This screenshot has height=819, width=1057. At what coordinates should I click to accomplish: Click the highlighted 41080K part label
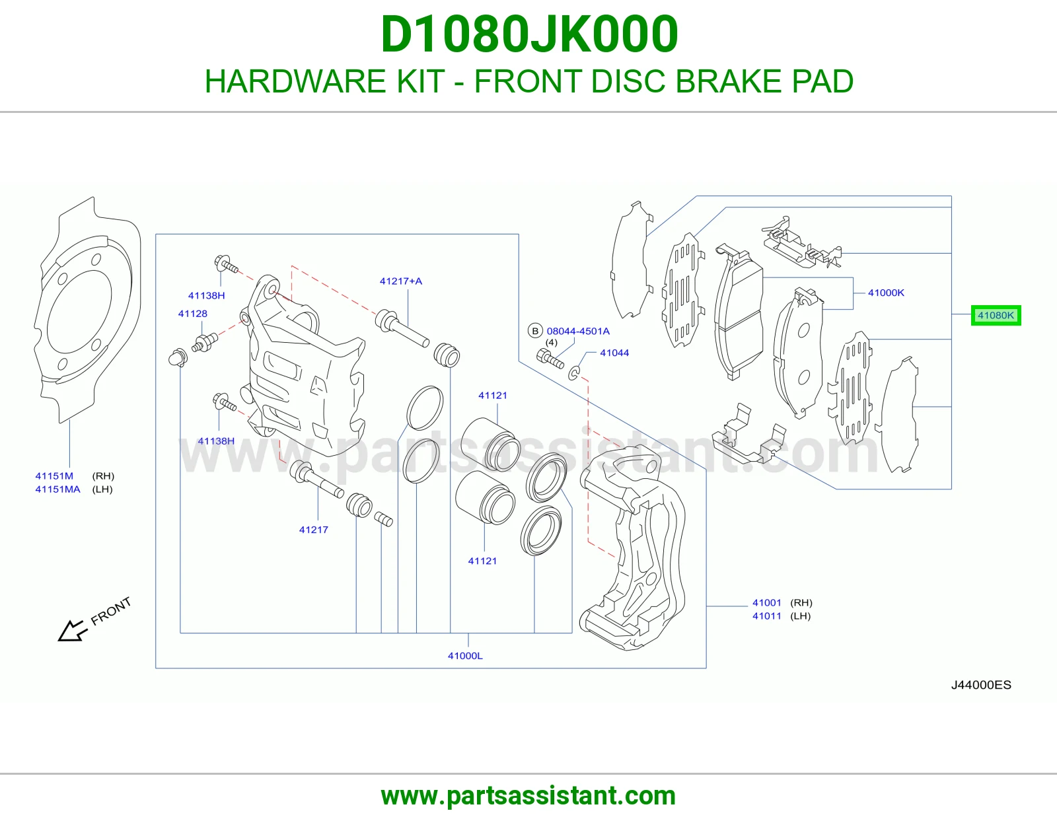coord(996,315)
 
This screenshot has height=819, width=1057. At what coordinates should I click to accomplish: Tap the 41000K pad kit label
coord(886,293)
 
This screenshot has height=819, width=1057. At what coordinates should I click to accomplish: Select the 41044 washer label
coord(614,353)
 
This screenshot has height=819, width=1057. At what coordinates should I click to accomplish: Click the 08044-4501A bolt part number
coord(578,331)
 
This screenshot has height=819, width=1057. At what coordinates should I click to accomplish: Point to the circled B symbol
coord(535,331)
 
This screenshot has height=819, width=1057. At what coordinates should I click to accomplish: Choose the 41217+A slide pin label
coord(401,281)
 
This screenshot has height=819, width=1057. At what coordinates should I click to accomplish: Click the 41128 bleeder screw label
coord(193,313)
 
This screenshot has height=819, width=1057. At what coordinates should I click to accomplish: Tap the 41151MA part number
coord(57,489)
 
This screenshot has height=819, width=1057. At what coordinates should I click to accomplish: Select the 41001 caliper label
coord(766,602)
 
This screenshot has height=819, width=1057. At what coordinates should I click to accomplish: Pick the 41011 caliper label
coord(766,616)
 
